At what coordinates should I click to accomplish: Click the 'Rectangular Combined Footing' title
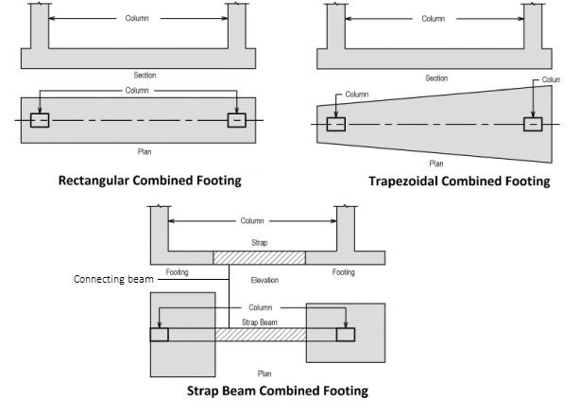click(149, 180)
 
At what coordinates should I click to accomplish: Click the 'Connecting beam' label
click(112, 280)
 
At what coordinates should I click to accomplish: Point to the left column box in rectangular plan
click(40, 120)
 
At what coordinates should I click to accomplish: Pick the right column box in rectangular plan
click(236, 120)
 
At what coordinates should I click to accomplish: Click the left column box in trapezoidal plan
click(336, 124)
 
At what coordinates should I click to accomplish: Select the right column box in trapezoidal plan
click(534, 125)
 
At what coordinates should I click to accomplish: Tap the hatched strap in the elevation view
click(259, 257)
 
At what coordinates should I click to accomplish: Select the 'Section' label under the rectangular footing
click(145, 75)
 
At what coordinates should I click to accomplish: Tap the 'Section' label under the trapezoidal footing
click(435, 78)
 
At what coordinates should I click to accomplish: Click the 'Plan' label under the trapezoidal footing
click(435, 164)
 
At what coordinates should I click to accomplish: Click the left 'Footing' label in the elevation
click(179, 272)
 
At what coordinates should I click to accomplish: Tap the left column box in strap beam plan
click(159, 335)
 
